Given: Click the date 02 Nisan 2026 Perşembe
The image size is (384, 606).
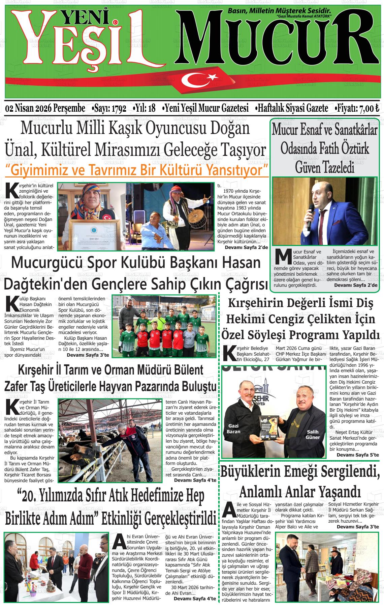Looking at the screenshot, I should tap(45, 109).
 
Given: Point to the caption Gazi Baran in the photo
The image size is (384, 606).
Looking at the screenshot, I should tap(233, 429).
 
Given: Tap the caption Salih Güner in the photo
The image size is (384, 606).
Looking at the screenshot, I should tap(313, 435).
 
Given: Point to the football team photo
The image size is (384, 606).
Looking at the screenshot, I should tap(164, 327).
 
